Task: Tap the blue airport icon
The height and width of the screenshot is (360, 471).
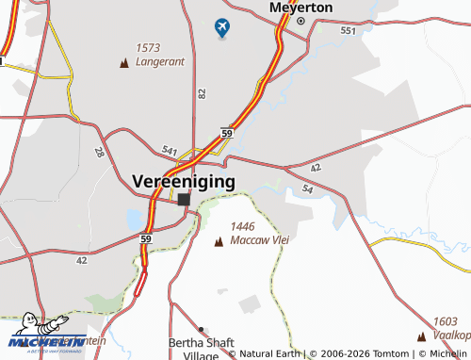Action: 222,29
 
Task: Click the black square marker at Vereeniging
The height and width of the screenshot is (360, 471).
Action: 184,200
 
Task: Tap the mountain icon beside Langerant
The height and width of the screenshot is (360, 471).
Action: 125,63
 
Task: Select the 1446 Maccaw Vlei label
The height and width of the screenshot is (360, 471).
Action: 258,234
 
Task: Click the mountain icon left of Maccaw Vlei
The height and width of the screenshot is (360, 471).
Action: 219,242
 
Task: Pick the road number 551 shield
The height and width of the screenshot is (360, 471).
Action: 349,31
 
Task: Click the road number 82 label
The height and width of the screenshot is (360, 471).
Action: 202,93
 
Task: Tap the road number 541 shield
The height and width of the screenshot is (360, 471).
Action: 169,150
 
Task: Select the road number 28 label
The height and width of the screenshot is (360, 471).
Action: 99,152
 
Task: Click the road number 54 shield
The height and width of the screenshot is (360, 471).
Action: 307,189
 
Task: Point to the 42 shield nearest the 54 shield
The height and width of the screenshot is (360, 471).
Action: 315,167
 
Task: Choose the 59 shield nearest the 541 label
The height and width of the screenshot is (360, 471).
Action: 227,135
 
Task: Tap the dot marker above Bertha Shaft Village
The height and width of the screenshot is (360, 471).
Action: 201,331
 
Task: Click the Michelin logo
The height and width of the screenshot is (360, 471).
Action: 47,340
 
